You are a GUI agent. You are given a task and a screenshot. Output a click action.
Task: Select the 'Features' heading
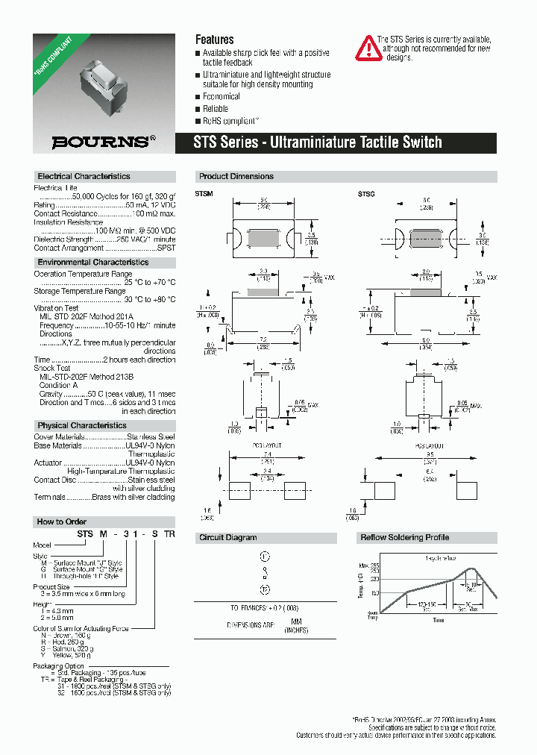pyautogui.click(x=214, y=40)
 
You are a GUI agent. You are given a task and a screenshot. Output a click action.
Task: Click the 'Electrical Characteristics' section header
pyautogui.click(x=84, y=177)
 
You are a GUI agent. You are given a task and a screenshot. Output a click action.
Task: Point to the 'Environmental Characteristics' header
pyautogui.click(x=92, y=263)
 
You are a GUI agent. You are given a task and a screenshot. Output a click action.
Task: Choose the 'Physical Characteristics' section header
pyautogui.click(x=81, y=425)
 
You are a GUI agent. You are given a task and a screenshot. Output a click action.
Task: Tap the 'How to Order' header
pyautogui.click(x=62, y=521)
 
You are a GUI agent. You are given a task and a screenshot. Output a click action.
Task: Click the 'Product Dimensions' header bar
pyautogui.click(x=236, y=177)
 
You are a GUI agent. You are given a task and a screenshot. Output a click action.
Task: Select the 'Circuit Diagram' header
pyautogui.click(x=228, y=537)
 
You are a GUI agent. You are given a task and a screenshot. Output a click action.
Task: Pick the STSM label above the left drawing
pyautogui.click(x=204, y=194)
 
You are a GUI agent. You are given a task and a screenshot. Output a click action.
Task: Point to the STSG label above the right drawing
pyautogui.click(x=366, y=194)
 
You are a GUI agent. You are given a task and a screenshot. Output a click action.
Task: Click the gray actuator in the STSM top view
pyautogui.click(x=264, y=238)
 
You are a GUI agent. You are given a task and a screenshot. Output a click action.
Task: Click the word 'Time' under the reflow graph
pyautogui.click(x=438, y=621)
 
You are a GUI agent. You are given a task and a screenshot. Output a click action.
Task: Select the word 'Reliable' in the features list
pyautogui.click(x=217, y=109)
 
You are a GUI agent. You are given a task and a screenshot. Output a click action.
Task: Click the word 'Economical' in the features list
pyautogui.click(x=222, y=97)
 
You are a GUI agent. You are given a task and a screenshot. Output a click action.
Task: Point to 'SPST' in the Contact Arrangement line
pyautogui.click(x=167, y=248)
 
